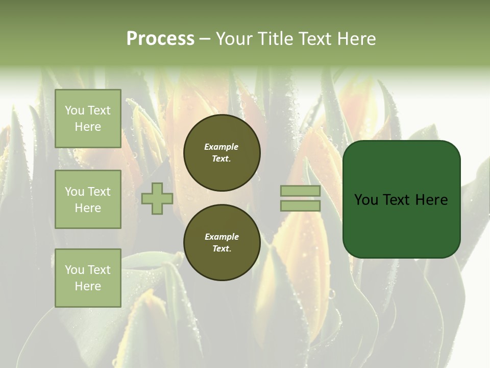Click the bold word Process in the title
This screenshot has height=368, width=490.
point(160,39)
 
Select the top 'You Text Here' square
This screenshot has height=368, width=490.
point(88,119)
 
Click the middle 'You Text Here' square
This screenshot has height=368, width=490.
point(88,199)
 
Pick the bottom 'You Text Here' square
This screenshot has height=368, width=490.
point(88,278)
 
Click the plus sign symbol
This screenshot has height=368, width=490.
point(157,199)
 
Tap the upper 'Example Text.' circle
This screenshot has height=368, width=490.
point(222,153)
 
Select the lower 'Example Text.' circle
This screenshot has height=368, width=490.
point(222,243)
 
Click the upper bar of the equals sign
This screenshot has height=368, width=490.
point(300,191)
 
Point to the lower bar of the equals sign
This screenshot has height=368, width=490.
point(300,206)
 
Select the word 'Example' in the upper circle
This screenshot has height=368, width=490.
point(222,147)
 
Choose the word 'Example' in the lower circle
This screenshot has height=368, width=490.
point(222,237)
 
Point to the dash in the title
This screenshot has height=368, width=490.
point(205,39)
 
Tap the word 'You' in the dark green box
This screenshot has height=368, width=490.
point(366,200)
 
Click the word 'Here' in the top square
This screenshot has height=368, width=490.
point(88,127)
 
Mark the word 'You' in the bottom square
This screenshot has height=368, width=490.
point(75,270)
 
